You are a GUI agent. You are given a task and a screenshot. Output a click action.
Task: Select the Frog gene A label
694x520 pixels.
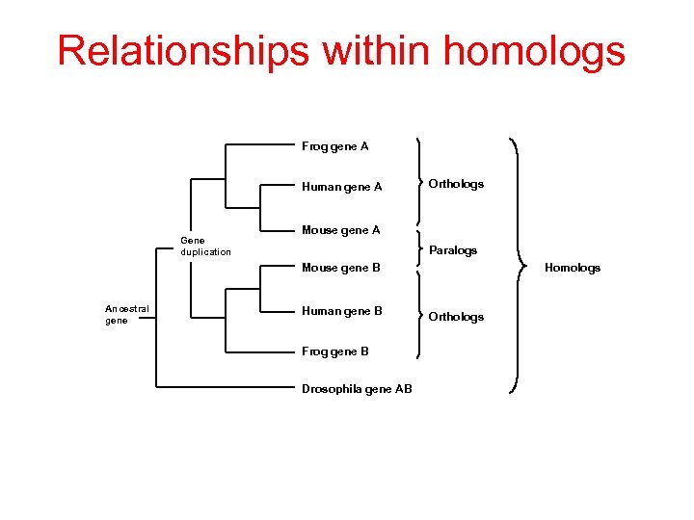[334, 146]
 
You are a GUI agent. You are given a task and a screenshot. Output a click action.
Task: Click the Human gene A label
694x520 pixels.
[341, 187]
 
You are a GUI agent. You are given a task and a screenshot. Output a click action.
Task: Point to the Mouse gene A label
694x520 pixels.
[340, 230]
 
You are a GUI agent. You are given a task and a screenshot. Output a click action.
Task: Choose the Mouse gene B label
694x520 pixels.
[340, 268]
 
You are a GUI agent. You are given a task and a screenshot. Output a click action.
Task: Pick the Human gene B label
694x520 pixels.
[341, 311]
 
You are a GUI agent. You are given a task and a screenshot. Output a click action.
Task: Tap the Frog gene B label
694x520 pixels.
[334, 351]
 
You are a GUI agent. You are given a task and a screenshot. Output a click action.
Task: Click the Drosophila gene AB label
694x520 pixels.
[357, 389]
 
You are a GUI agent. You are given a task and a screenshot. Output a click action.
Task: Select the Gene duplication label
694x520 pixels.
[205, 246]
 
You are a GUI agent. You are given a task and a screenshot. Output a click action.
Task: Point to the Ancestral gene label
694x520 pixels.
[126, 314]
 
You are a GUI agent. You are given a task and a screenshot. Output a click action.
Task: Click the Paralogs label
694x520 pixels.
[453, 250]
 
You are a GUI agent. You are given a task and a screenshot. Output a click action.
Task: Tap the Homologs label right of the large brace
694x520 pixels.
[573, 268]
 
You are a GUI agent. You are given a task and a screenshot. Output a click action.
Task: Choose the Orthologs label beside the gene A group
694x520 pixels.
[456, 184]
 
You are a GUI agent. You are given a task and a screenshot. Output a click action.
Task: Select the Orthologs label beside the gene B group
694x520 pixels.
[456, 317]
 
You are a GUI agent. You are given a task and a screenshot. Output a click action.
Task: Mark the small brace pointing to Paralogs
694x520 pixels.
[420, 249]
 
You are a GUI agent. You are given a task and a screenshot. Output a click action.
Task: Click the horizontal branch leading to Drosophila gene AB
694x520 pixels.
[227, 388]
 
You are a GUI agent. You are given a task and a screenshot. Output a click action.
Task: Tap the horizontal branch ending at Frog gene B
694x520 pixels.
[260, 351]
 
